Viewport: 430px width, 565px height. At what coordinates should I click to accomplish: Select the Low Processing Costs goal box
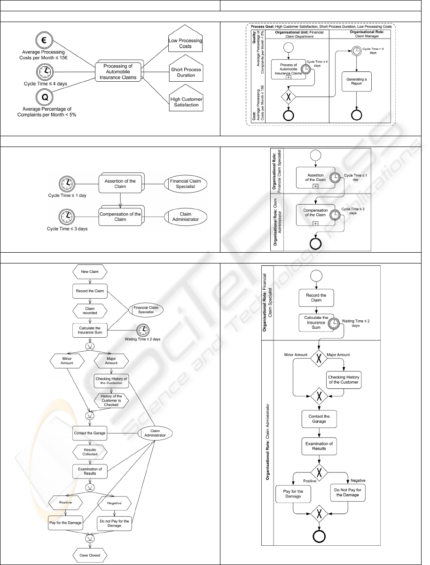pyautogui.click(x=185, y=43)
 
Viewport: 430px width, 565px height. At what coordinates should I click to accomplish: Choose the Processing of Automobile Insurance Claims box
pyautogui.click(x=119, y=72)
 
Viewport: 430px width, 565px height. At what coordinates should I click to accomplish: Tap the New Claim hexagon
pyautogui.click(x=90, y=272)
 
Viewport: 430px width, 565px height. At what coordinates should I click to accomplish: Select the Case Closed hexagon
pyautogui.click(x=90, y=555)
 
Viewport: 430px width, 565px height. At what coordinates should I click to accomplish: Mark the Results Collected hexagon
pyautogui.click(x=90, y=451)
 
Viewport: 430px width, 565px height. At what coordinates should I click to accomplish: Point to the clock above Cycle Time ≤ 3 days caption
pyautogui.click(x=66, y=217)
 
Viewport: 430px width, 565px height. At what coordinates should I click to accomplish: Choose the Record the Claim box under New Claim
pyautogui.click(x=90, y=291)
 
